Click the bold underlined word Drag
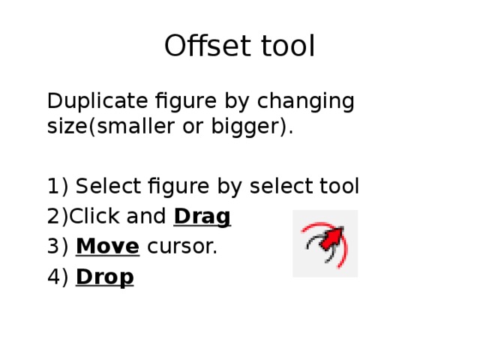[x=202, y=217]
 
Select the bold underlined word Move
[x=107, y=246]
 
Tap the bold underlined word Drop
[x=105, y=277]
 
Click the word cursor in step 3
[x=181, y=246]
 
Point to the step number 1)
[x=57, y=185]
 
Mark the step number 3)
[x=57, y=246]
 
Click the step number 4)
[x=57, y=277]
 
